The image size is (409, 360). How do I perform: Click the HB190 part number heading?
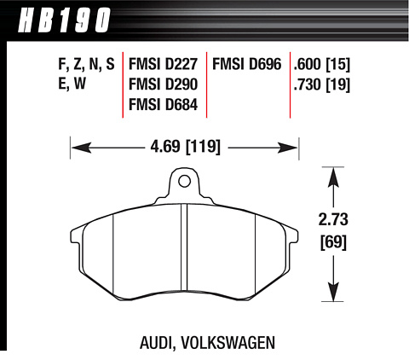coord(64,20)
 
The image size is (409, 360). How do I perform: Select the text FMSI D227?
coord(163,64)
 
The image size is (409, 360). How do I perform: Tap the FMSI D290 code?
coord(163,84)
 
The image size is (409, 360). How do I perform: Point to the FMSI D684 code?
coord(163,105)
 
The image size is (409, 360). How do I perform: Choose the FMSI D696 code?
coord(247,64)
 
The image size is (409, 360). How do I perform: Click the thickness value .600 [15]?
coord(322,65)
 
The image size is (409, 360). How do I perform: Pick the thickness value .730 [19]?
coord(322,84)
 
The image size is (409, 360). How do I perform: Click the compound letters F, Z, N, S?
coord(86,65)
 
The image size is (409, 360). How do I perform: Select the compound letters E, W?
coord(72,84)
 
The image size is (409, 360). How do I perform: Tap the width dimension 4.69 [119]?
coord(185,148)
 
